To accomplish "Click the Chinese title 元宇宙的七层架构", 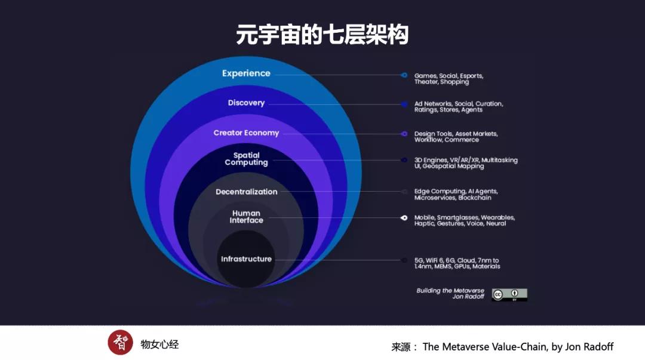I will click(322, 35).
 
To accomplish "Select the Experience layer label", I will click(246, 73).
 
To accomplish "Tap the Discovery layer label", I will click(246, 103).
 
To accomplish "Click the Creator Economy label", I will click(246, 133).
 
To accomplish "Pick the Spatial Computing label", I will click(246, 159).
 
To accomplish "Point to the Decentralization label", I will click(246, 192).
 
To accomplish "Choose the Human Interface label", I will click(246, 217).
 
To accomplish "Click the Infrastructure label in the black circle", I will click(246, 259).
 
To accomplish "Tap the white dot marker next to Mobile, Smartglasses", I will click(404, 218).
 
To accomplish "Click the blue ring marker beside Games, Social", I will click(404, 75).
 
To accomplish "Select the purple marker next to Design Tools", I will click(404, 134).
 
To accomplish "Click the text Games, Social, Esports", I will click(449, 76).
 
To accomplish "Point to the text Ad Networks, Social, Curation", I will click(458, 104).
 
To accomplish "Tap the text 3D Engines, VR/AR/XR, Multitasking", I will click(466, 160).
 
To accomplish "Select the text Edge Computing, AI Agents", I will click(456, 192).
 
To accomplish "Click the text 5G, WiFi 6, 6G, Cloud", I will click(456, 260).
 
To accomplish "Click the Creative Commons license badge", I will click(509, 294).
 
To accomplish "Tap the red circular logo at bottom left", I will click(120, 343).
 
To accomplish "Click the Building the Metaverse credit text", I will click(450, 291).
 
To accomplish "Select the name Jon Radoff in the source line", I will click(588, 347).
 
